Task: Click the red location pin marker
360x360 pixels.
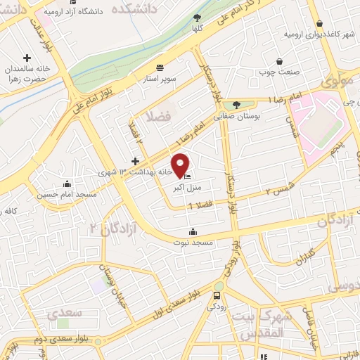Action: click(181, 165)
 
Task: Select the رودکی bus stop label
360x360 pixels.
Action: click(217, 306)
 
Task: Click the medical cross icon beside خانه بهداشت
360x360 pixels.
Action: click(135, 161)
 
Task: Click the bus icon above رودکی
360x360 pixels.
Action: click(217, 295)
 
